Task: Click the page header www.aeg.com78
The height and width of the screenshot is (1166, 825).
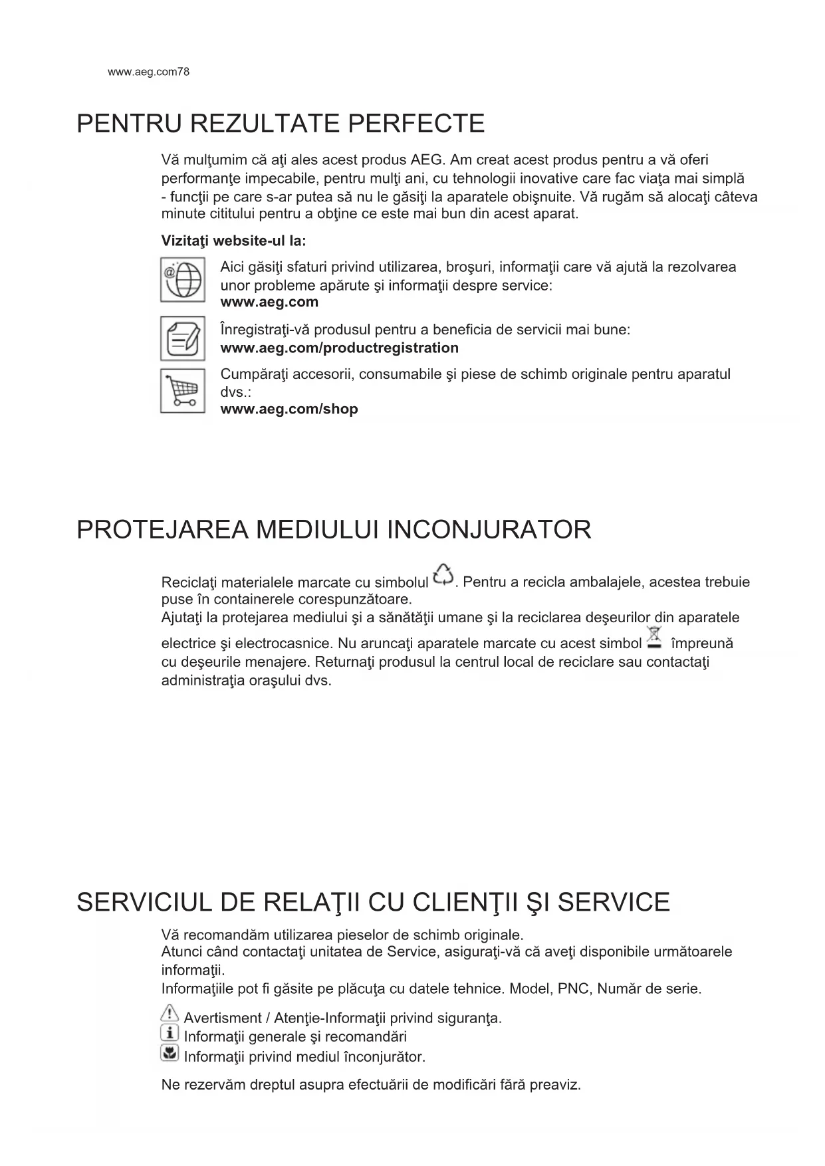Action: coord(148,72)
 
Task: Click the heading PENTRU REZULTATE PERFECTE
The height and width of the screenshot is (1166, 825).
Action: coord(281,124)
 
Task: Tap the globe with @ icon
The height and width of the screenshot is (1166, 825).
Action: coord(182,279)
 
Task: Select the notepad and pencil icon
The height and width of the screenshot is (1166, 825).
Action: coord(182,338)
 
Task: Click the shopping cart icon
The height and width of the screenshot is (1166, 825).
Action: coord(182,391)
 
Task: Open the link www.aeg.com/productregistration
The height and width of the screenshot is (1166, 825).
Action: coord(339,348)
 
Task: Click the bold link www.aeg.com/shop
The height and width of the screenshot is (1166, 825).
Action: coord(289,409)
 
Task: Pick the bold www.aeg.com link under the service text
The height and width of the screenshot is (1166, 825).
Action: coord(269,302)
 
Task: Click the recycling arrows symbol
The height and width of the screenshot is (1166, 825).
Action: coord(443,576)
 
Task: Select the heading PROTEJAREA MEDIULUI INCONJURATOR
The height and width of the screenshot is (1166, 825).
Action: coord(334,530)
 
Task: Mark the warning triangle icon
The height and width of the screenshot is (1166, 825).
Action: coord(170,1013)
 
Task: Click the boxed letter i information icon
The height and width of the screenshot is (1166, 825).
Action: coord(170,1033)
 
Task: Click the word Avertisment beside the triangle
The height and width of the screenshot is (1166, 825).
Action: coord(222,1018)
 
